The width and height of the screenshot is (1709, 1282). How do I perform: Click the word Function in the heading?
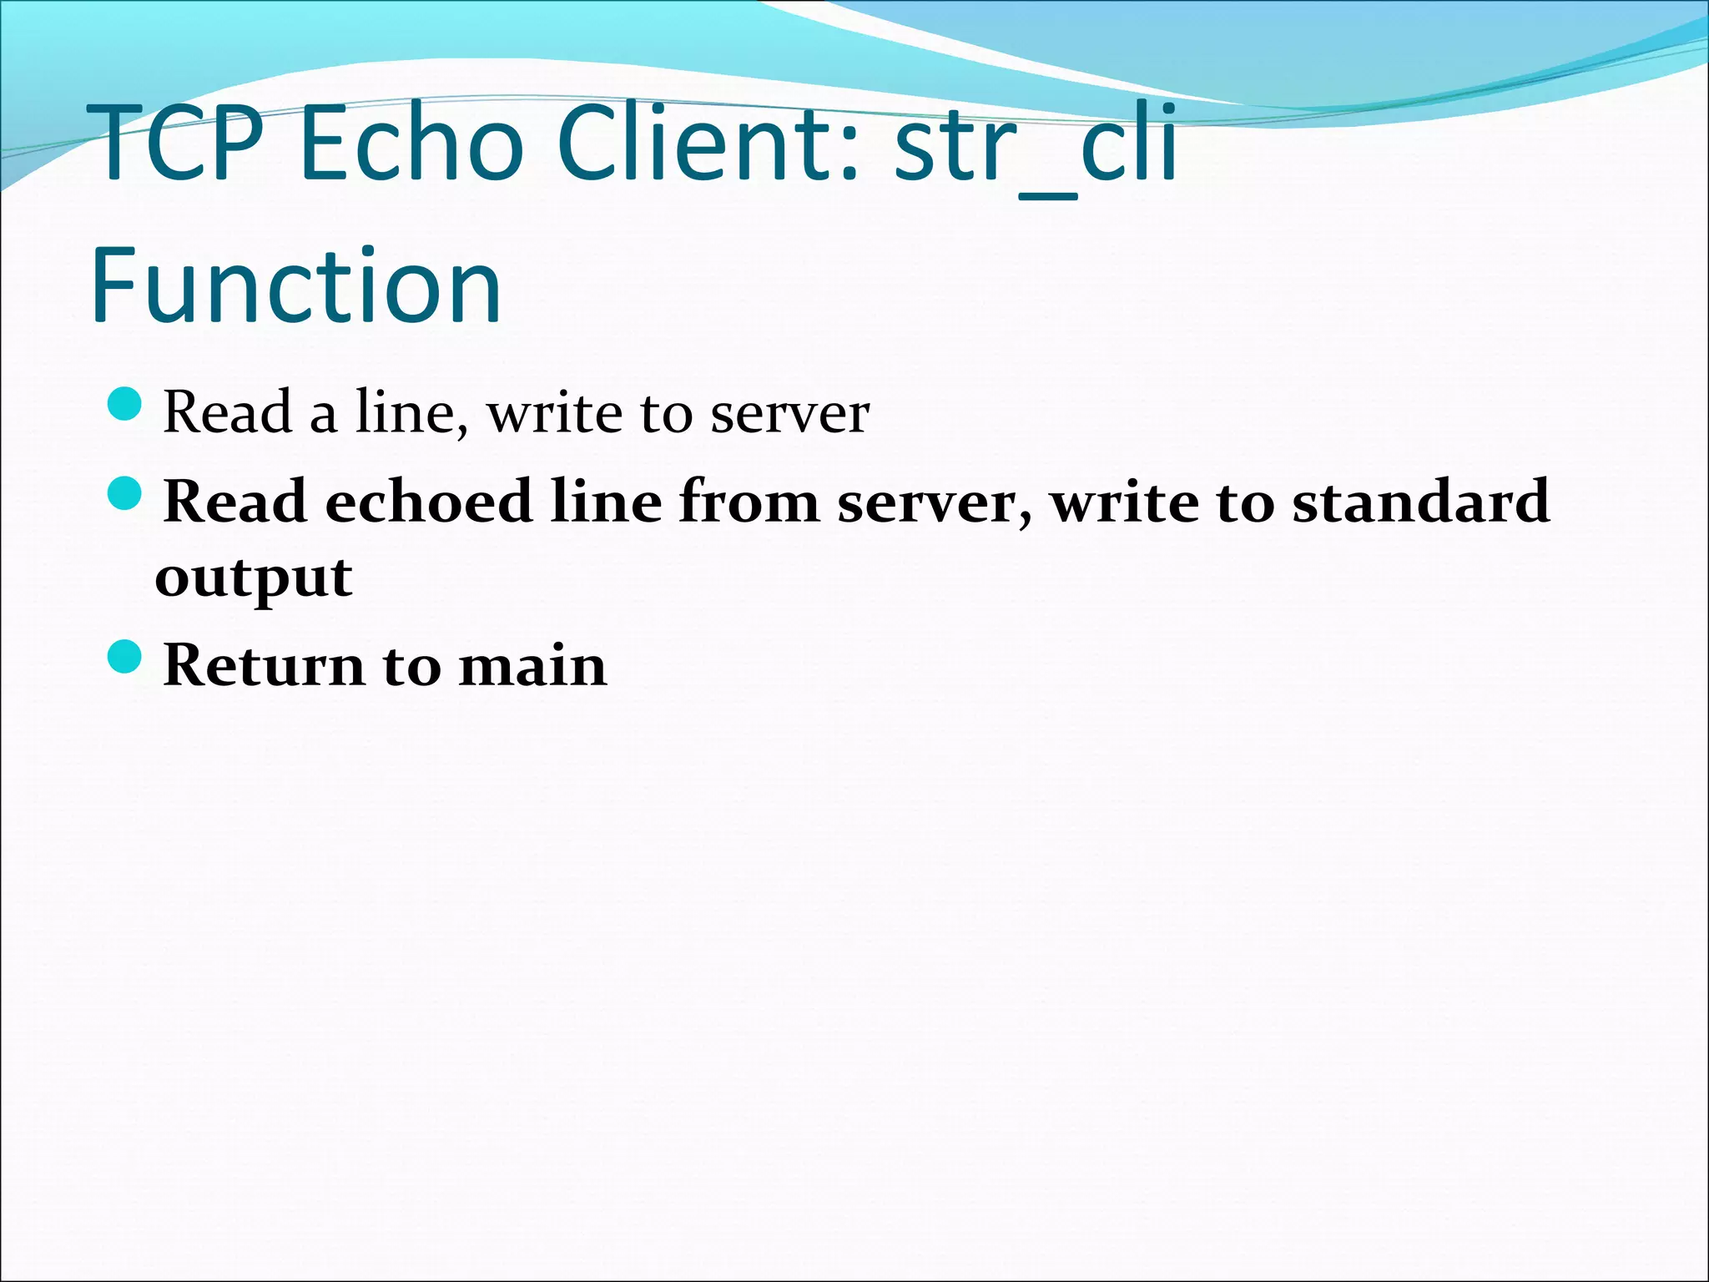click(296, 285)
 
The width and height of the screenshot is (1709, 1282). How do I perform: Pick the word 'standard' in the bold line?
click(1420, 502)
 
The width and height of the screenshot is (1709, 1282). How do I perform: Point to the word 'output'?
click(254, 578)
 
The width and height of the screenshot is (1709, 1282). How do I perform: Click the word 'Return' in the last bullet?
click(263, 666)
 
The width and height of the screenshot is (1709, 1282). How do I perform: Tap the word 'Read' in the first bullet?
click(227, 412)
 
